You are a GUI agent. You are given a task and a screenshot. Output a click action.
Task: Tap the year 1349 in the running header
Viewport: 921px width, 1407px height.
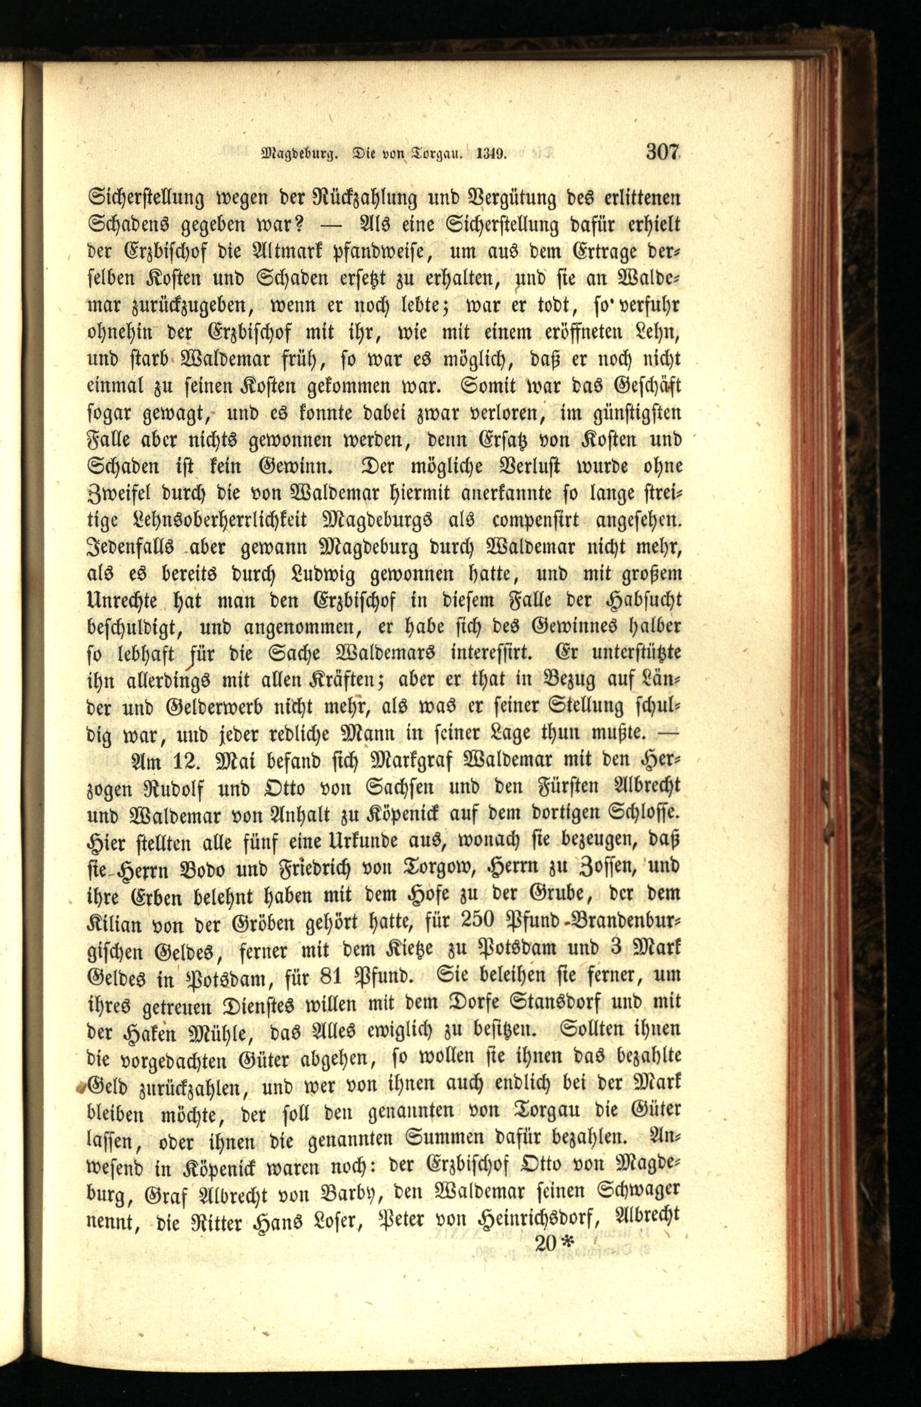coord(489,156)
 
